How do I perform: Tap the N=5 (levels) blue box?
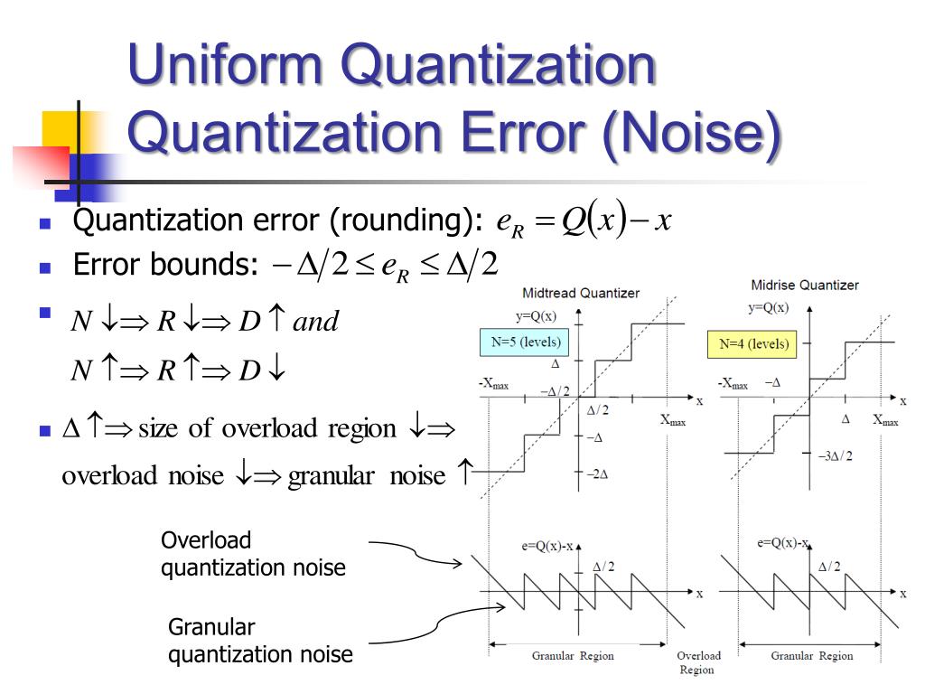click(525, 342)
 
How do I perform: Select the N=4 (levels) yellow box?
click(752, 343)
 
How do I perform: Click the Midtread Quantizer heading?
click(581, 293)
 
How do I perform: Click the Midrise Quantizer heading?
click(805, 286)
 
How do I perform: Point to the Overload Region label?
click(698, 662)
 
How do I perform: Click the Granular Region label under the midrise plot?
click(811, 656)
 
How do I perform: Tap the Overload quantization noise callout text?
click(252, 554)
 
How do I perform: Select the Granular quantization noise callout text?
click(260, 641)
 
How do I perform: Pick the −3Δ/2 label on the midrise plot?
click(835, 456)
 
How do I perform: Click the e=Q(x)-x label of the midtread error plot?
click(547, 546)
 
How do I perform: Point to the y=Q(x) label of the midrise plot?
click(768, 307)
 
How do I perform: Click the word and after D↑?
click(315, 321)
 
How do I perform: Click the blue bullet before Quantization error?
click(44, 223)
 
